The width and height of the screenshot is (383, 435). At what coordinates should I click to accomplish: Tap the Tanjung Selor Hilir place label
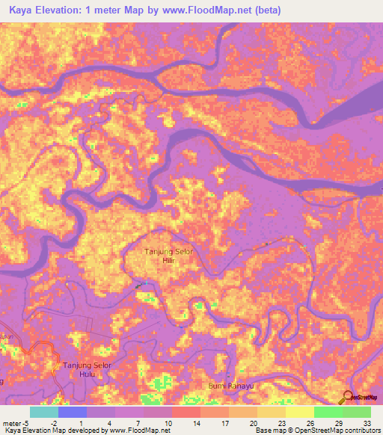[168, 256]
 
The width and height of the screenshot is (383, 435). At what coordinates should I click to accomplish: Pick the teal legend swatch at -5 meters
[44, 412]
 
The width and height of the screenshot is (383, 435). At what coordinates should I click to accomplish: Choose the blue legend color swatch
[73, 412]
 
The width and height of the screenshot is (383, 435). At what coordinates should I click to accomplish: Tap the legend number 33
[364, 423]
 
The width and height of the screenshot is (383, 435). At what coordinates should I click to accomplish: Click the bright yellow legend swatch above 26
[299, 412]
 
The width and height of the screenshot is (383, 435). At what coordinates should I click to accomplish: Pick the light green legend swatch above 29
[328, 412]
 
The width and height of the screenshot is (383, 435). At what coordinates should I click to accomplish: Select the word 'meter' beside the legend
[11, 423]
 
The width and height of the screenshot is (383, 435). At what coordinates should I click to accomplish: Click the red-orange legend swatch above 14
[186, 412]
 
